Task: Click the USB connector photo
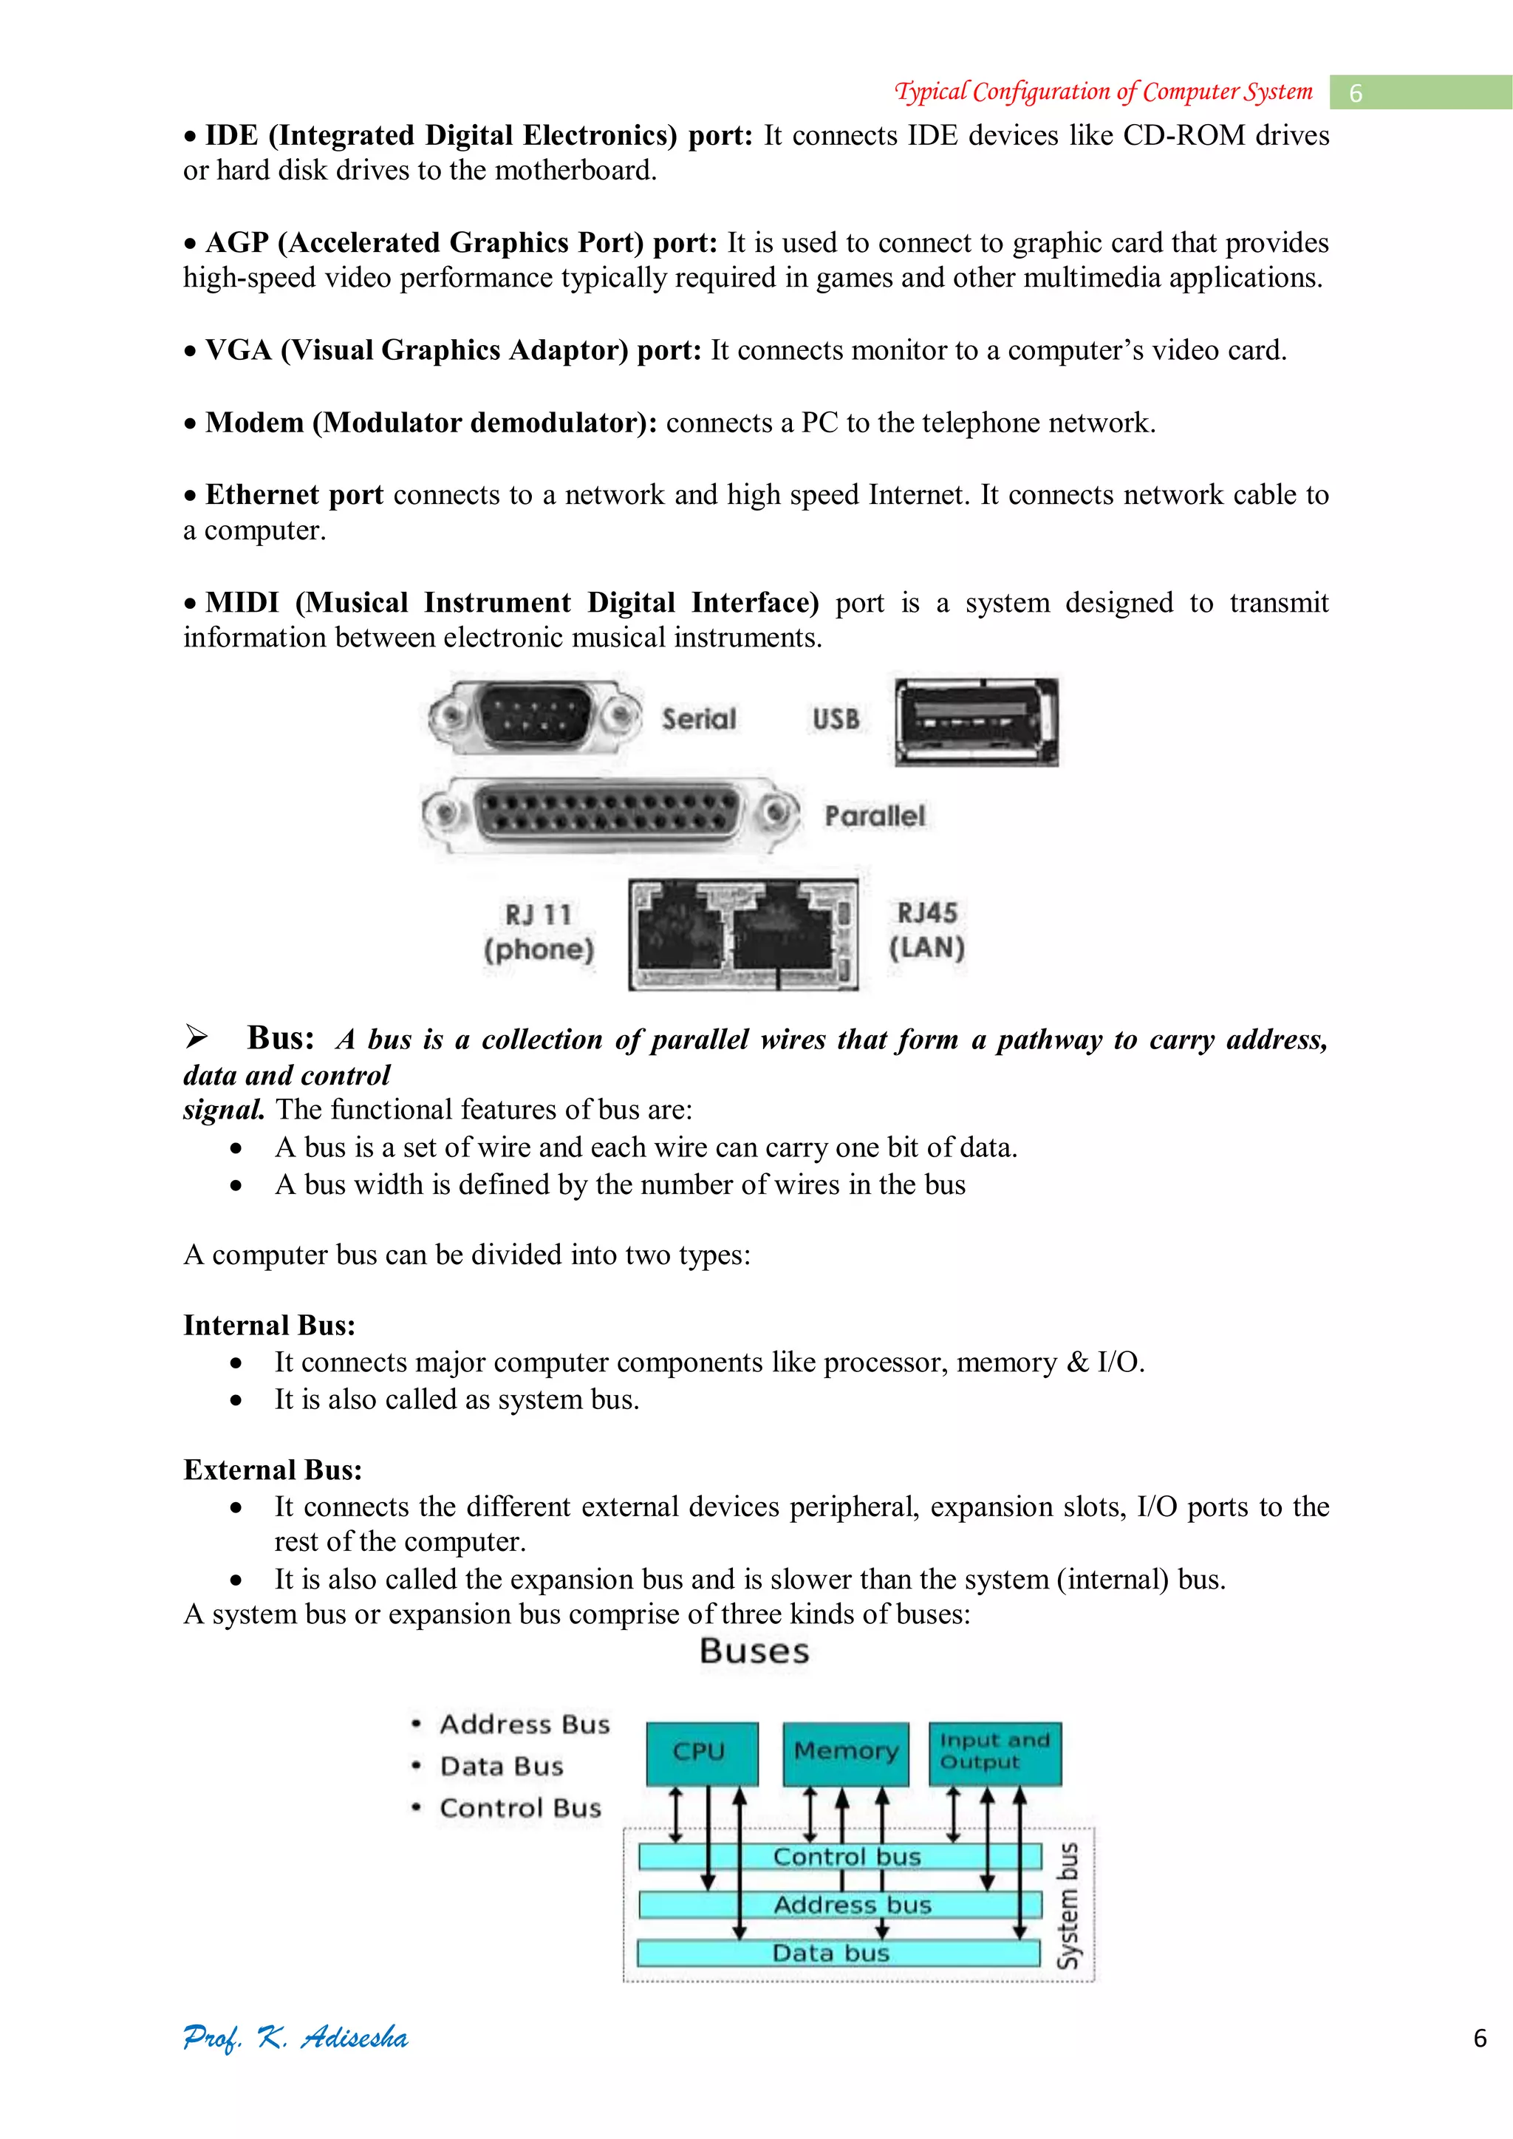tap(977, 722)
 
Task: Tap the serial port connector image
tap(535, 717)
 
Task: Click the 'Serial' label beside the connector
tap(699, 719)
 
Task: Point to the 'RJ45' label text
tap(927, 913)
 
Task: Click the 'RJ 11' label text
tap(539, 915)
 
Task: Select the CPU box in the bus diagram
tap(702, 1753)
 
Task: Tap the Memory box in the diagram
tap(846, 1753)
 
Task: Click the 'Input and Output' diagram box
tap(995, 1753)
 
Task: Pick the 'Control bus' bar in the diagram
tap(839, 1857)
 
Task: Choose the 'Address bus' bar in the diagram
tap(839, 1906)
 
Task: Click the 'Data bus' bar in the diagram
tap(838, 1953)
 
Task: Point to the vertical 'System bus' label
tap(1068, 1906)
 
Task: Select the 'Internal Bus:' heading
tap(269, 1326)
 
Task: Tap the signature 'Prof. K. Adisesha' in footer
tap(296, 2038)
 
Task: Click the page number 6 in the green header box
tap(1356, 93)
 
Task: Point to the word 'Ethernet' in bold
tap(262, 495)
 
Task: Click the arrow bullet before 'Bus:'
tap(197, 1036)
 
